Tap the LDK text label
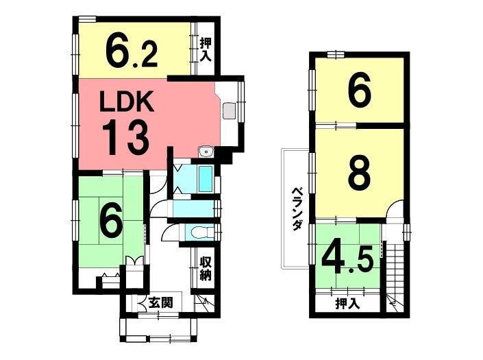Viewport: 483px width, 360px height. tap(127, 101)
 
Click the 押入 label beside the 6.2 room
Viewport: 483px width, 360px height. tap(206, 50)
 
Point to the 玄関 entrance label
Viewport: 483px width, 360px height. tap(160, 302)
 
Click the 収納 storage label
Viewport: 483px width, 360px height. tap(206, 268)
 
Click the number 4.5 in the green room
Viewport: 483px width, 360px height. tap(347, 260)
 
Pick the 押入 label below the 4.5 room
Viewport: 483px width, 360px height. tap(347, 304)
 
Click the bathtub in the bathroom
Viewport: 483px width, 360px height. tap(206, 179)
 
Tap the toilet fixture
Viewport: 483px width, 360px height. tap(202, 232)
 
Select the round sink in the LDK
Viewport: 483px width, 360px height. tap(206, 152)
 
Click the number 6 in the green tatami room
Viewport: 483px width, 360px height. tap(112, 219)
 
